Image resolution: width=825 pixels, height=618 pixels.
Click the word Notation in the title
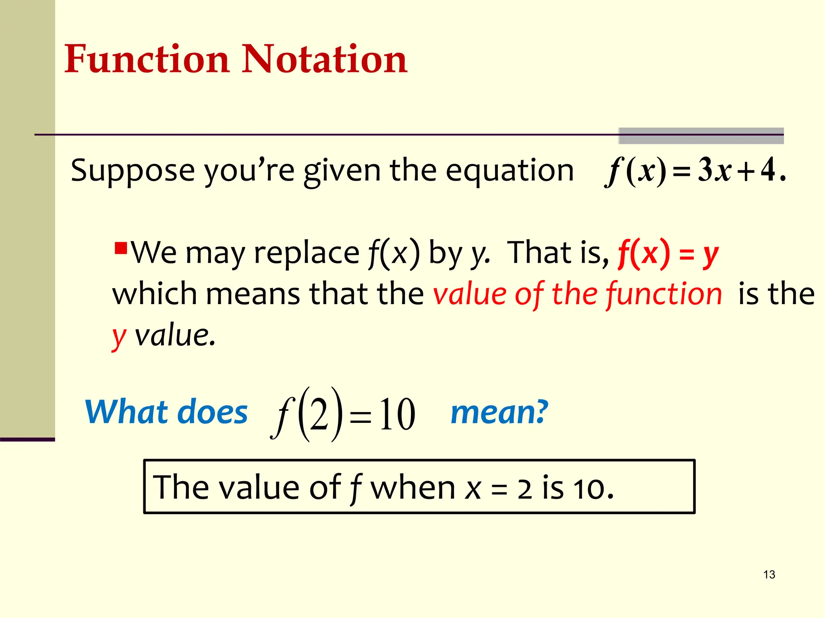tap(324, 59)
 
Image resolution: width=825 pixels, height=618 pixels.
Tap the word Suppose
tap(133, 171)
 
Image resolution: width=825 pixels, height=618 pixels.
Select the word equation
tap(509, 171)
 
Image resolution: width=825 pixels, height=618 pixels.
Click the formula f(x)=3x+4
tap(695, 171)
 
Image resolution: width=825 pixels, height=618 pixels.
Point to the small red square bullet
tap(121, 247)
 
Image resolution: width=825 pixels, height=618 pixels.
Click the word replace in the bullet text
tap(306, 253)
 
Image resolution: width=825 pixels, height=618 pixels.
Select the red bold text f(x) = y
tap(668, 253)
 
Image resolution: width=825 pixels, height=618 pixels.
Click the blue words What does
tap(166, 412)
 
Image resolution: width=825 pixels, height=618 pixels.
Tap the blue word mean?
tap(499, 412)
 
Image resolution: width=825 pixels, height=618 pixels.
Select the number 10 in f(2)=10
tap(397, 414)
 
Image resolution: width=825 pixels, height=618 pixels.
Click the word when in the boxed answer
tap(412, 488)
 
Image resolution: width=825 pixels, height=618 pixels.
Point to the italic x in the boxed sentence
tap(473, 489)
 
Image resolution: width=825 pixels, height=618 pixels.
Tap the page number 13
tap(769, 575)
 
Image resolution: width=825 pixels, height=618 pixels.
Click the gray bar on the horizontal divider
tap(701, 136)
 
